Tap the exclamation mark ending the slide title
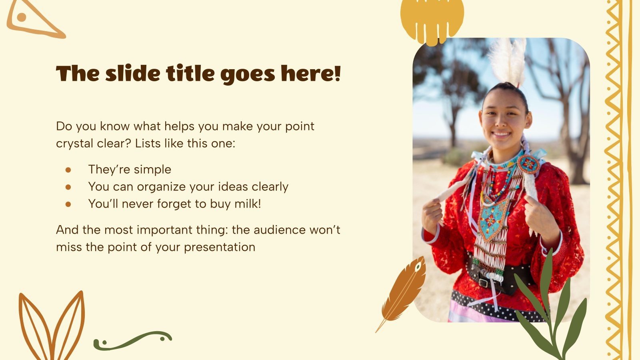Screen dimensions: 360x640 point(337,74)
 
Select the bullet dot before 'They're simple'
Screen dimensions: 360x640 point(68,170)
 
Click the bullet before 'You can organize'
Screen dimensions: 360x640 point(68,187)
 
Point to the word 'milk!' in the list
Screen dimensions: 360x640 point(248,204)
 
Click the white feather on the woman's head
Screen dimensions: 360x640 point(507,60)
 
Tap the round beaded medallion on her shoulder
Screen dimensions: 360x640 point(528,164)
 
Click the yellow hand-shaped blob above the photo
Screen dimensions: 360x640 point(432,18)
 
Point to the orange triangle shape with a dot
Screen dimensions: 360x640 point(32,20)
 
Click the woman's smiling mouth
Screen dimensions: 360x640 point(502,134)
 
